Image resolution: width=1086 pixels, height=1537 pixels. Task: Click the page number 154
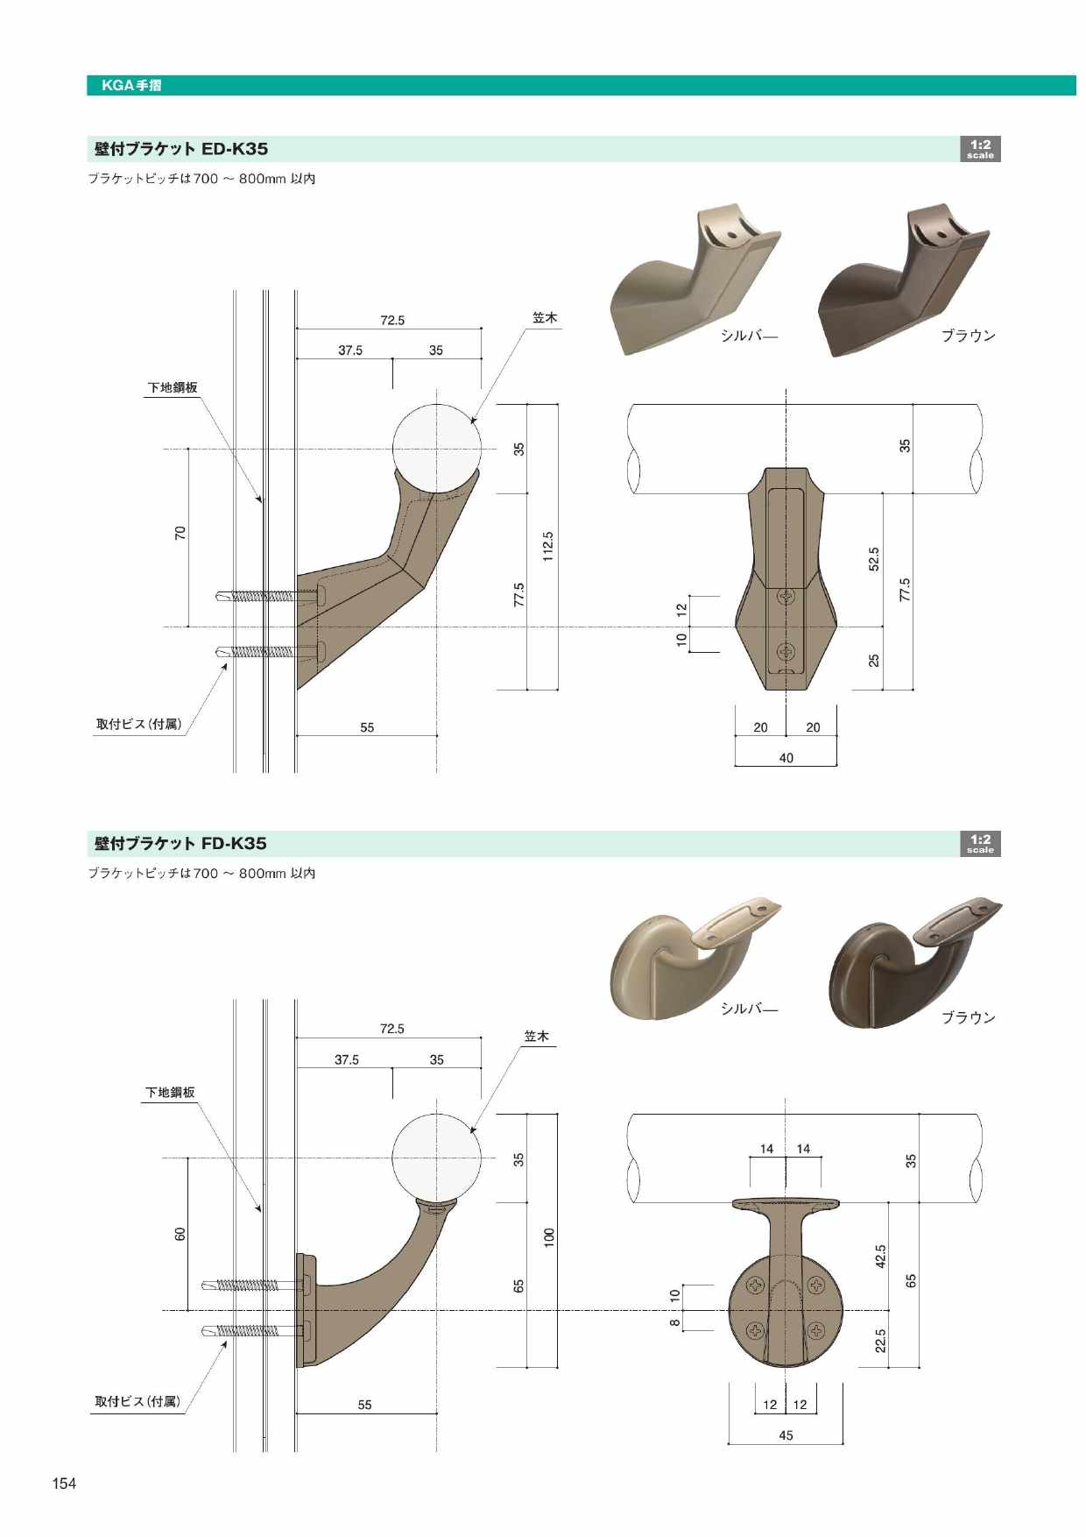(64, 1483)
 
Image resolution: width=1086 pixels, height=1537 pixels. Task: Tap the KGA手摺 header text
(131, 85)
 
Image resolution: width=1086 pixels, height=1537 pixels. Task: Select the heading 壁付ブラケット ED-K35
(181, 149)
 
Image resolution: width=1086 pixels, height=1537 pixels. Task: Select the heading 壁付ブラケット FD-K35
(180, 843)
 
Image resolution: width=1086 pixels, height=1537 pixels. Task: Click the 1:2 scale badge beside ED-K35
(980, 149)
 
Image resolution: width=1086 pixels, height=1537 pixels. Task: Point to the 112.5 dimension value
(548, 547)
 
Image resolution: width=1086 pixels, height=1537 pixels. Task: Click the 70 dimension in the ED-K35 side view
(180, 532)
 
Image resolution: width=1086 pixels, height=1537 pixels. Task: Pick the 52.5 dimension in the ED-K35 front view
(873, 559)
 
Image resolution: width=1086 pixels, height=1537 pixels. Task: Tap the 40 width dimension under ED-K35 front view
(786, 758)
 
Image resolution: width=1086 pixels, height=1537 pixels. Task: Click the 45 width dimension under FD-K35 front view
(786, 1435)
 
